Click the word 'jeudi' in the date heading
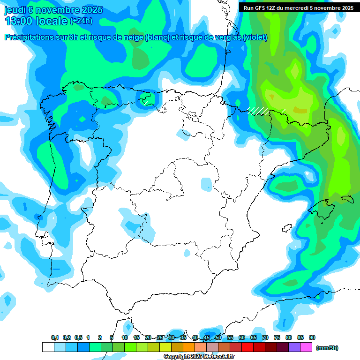point(15,10)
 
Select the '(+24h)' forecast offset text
point(81,22)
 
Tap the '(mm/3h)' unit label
point(327,348)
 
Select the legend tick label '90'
point(312,338)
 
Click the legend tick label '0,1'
point(55,338)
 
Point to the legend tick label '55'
point(230,338)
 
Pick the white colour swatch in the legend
point(48,347)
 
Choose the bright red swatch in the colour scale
point(247,347)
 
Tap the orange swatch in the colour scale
point(189,347)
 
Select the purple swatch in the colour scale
point(294,347)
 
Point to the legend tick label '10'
point(125,338)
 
